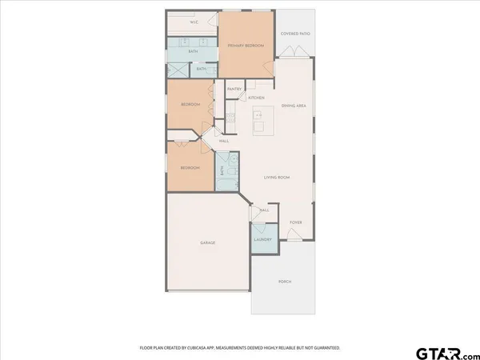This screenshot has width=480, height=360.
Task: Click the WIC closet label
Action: pyautogui.click(x=194, y=22)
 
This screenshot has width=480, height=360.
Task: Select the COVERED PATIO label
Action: pyautogui.click(x=295, y=34)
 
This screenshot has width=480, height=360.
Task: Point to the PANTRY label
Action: pyautogui.click(x=235, y=89)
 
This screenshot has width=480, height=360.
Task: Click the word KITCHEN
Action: pyautogui.click(x=256, y=98)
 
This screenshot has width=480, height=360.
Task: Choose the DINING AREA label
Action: pyautogui.click(x=295, y=106)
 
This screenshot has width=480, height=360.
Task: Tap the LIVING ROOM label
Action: pyautogui.click(x=277, y=177)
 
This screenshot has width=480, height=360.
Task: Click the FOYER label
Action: pyautogui.click(x=295, y=222)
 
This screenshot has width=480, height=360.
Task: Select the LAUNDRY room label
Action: pyautogui.click(x=263, y=239)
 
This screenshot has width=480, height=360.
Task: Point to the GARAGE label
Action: pyautogui.click(x=208, y=242)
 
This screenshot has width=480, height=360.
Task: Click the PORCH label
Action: pyautogui.click(x=285, y=282)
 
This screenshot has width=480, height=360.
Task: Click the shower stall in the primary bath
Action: pyautogui.click(x=177, y=70)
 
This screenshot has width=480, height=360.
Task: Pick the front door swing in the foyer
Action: pyautogui.click(x=294, y=236)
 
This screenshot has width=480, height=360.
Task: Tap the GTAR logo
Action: pyautogui.click(x=442, y=352)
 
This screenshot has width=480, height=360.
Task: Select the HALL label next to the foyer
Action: pyautogui.click(x=265, y=210)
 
